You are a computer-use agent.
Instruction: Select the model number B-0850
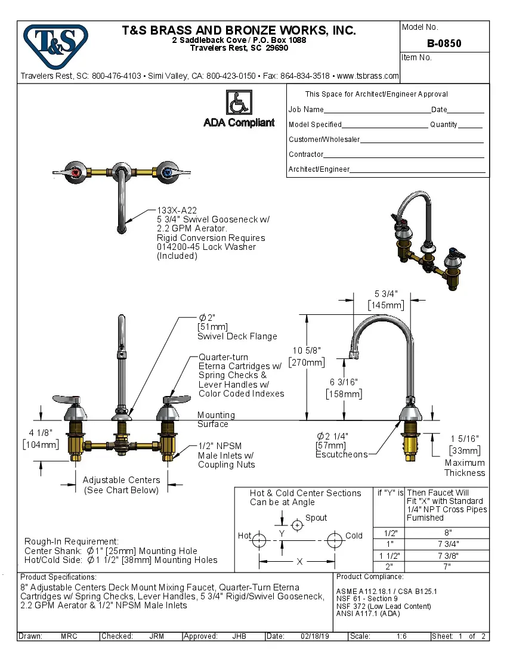(x=444, y=44)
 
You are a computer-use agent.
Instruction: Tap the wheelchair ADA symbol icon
(x=239, y=103)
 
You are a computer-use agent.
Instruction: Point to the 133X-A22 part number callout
(x=177, y=211)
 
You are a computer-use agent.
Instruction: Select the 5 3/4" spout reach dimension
(x=386, y=293)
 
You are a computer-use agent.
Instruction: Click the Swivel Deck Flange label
(x=237, y=336)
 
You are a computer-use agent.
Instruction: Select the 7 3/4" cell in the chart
(x=447, y=543)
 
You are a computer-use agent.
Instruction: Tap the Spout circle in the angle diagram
(x=296, y=525)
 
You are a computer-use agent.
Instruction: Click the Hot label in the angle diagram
(x=245, y=536)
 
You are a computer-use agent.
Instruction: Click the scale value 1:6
(x=401, y=636)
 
